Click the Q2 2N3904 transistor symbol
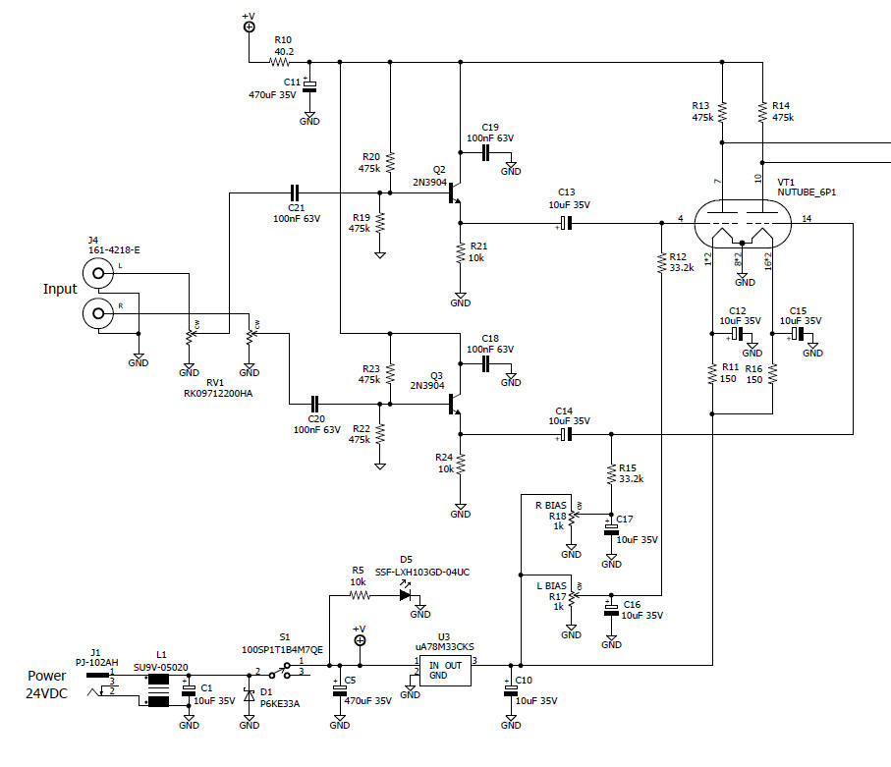[x=455, y=193]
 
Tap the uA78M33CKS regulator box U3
[x=445, y=669]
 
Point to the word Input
[x=60, y=290]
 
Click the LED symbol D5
[x=404, y=594]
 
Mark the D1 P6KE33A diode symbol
[x=250, y=697]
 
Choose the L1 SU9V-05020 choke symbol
[x=159, y=689]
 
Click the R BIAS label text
[x=552, y=505]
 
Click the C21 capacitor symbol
[x=296, y=193]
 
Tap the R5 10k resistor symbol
[x=360, y=594]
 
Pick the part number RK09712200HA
[x=217, y=394]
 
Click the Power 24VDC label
[x=46, y=685]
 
